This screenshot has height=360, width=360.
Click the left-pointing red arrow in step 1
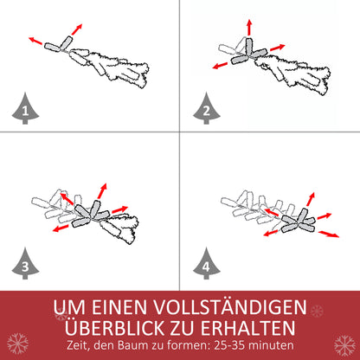(35, 40)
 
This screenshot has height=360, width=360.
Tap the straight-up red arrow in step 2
(250, 26)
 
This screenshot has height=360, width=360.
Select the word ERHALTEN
(259, 328)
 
